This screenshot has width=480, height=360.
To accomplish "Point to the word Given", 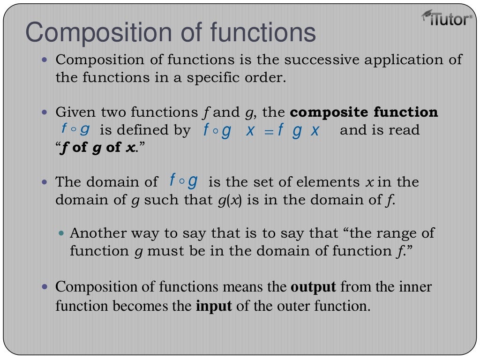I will [75, 112].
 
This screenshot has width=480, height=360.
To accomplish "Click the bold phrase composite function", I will [364, 112].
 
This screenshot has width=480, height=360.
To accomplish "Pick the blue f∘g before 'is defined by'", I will [75, 129].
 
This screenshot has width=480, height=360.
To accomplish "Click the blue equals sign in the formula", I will [268, 131].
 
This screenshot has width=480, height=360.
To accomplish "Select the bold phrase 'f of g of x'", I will [96, 148].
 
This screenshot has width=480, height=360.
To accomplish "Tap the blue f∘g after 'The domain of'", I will [183, 180].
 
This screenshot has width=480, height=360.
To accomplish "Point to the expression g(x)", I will [230, 200].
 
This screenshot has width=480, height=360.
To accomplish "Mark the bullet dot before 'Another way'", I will [64, 233].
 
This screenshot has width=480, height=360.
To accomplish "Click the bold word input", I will [214, 306].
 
